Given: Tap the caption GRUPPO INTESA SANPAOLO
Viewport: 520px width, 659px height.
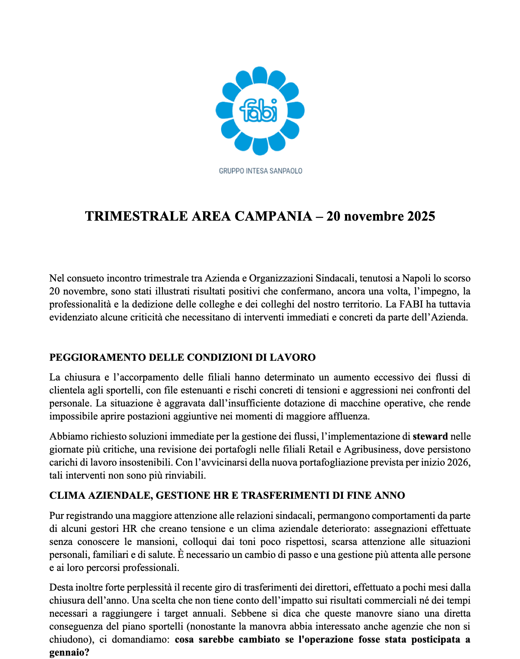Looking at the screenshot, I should click(x=260, y=171).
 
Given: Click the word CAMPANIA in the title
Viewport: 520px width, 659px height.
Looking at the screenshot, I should click(x=273, y=216).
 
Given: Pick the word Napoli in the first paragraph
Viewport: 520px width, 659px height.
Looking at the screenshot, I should click(x=416, y=278).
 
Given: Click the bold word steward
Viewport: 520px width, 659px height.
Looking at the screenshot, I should click(x=430, y=436).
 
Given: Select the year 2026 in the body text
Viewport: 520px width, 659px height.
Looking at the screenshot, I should click(x=458, y=462).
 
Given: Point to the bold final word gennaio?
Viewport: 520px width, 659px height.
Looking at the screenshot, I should click(x=69, y=653).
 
